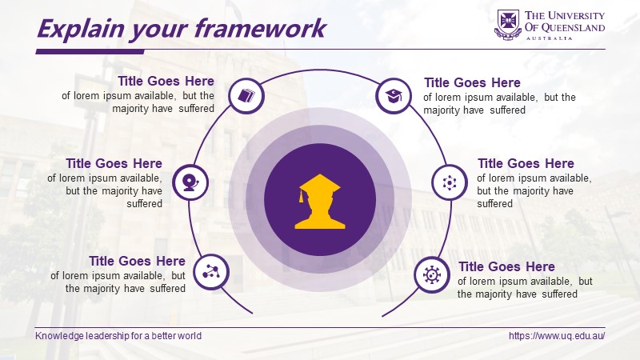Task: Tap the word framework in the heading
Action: coord(260,28)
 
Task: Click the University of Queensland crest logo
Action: coord(508,25)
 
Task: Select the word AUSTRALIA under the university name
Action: coord(549,38)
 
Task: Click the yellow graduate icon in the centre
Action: coord(319,202)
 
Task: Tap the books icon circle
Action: coord(246,96)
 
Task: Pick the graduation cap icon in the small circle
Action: coord(394,96)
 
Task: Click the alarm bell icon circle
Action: coord(190,182)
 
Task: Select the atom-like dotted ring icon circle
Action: coord(450,182)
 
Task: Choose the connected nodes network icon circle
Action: coord(211,272)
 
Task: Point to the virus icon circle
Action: coord(432,274)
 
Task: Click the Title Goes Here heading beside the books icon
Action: coord(166,81)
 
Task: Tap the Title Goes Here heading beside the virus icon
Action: coord(506,266)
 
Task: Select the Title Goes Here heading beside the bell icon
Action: coord(114,163)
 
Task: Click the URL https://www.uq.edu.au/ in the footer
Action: coord(557,336)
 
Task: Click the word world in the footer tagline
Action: coord(191,336)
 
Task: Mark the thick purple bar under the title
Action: coord(90,52)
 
